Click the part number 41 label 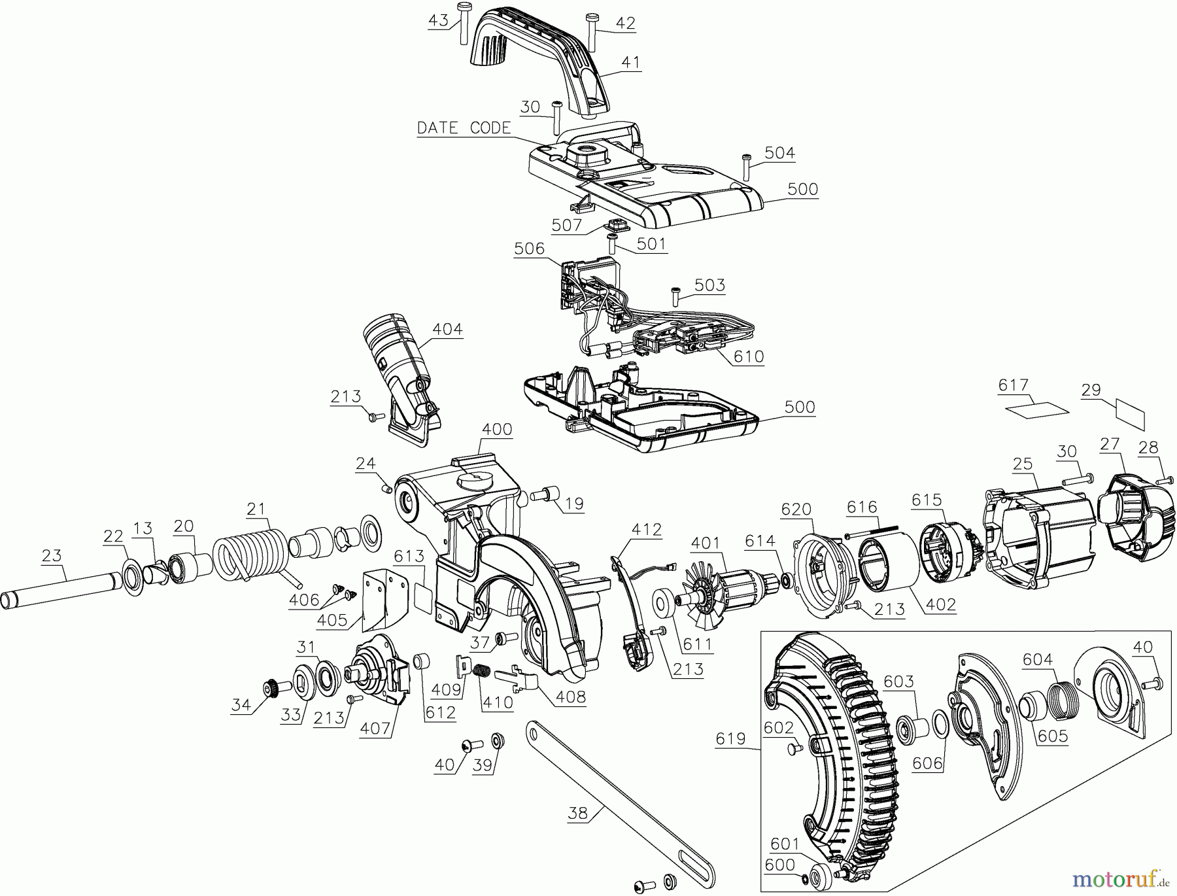pos(631,63)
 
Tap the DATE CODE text pos(464,128)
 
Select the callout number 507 pos(566,226)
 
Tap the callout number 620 pos(796,509)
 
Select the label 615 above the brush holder pos(927,500)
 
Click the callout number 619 pos(730,738)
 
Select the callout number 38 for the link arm pos(577,813)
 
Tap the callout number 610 pos(748,356)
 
